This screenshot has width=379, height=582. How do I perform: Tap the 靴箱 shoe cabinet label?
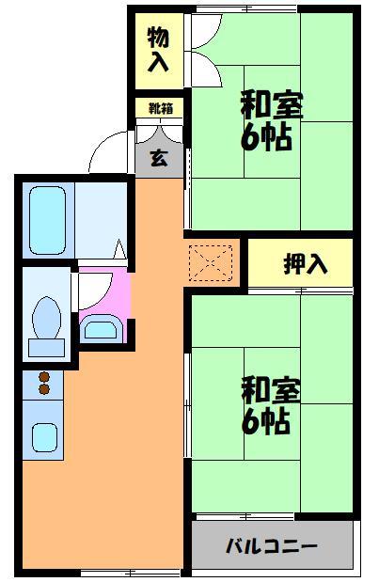tap(160, 108)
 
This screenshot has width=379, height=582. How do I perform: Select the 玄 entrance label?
tap(160, 157)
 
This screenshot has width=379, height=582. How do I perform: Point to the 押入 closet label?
tap(305, 264)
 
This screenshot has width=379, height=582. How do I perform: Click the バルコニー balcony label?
tap(272, 546)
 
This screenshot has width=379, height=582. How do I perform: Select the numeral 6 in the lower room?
tap(251, 423)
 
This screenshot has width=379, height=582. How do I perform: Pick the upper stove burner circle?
tap(42, 377)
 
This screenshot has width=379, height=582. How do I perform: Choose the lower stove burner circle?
tap(42, 390)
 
